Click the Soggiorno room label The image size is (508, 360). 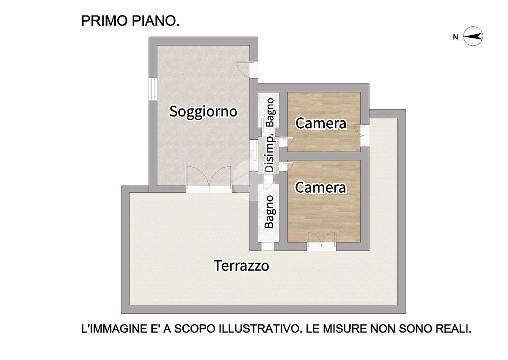click(203, 112)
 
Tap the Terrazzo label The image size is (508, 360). click(241, 266)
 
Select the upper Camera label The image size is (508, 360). click(321, 123)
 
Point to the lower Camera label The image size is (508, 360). click(320, 187)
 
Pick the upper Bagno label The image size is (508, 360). click(270, 112)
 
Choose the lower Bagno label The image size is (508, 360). click(269, 212)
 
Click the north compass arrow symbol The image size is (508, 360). click(473, 36)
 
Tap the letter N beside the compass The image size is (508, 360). click(456, 37)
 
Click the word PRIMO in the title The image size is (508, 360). click(105, 21)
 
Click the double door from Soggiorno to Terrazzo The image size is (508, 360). click(209, 179)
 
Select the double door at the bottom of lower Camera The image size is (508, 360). click(322, 241)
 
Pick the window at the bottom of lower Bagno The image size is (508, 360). click(268, 246)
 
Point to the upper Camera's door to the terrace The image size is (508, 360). click(362, 136)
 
